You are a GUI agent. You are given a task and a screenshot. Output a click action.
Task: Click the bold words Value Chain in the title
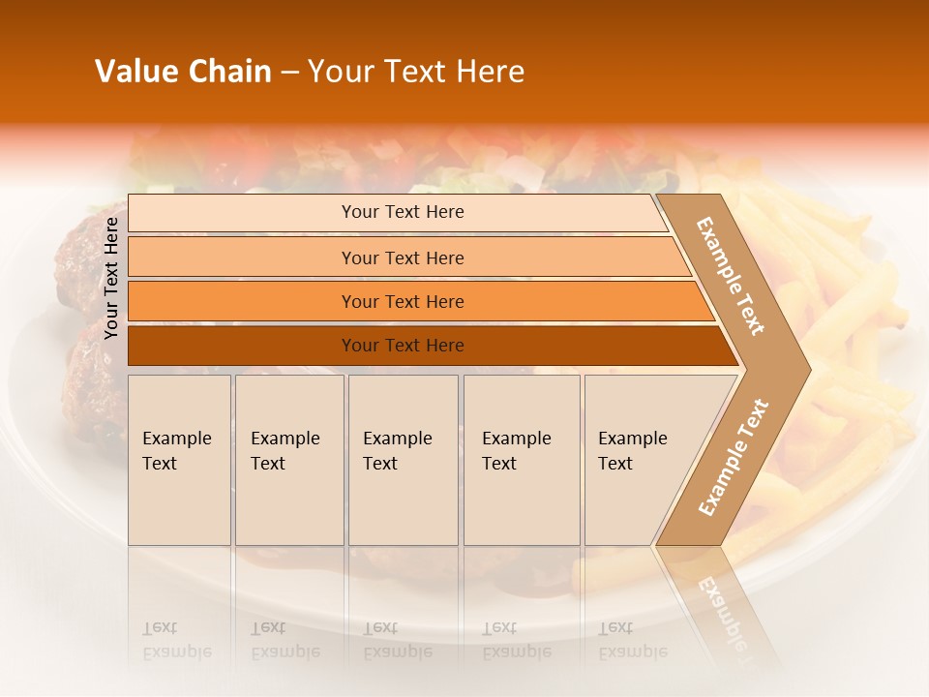(183, 72)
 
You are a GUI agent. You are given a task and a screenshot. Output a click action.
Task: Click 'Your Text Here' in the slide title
(416, 72)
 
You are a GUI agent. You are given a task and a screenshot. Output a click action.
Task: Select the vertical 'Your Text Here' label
(111, 278)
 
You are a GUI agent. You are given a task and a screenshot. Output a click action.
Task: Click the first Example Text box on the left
(179, 460)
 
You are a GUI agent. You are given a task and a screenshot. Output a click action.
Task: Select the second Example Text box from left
(289, 460)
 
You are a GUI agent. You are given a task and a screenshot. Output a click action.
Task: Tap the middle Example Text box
(403, 460)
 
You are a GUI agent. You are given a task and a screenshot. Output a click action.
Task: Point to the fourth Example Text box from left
(522, 460)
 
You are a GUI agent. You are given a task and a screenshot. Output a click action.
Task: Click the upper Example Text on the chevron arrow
(731, 276)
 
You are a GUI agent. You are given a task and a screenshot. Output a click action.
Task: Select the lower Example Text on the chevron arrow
(734, 458)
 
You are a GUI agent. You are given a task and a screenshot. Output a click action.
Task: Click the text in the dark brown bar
(403, 346)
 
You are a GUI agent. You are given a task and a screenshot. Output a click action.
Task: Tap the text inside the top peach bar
(403, 212)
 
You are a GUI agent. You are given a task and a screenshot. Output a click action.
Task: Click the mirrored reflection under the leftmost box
(176, 640)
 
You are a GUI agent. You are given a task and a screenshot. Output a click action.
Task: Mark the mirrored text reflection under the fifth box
(632, 640)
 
